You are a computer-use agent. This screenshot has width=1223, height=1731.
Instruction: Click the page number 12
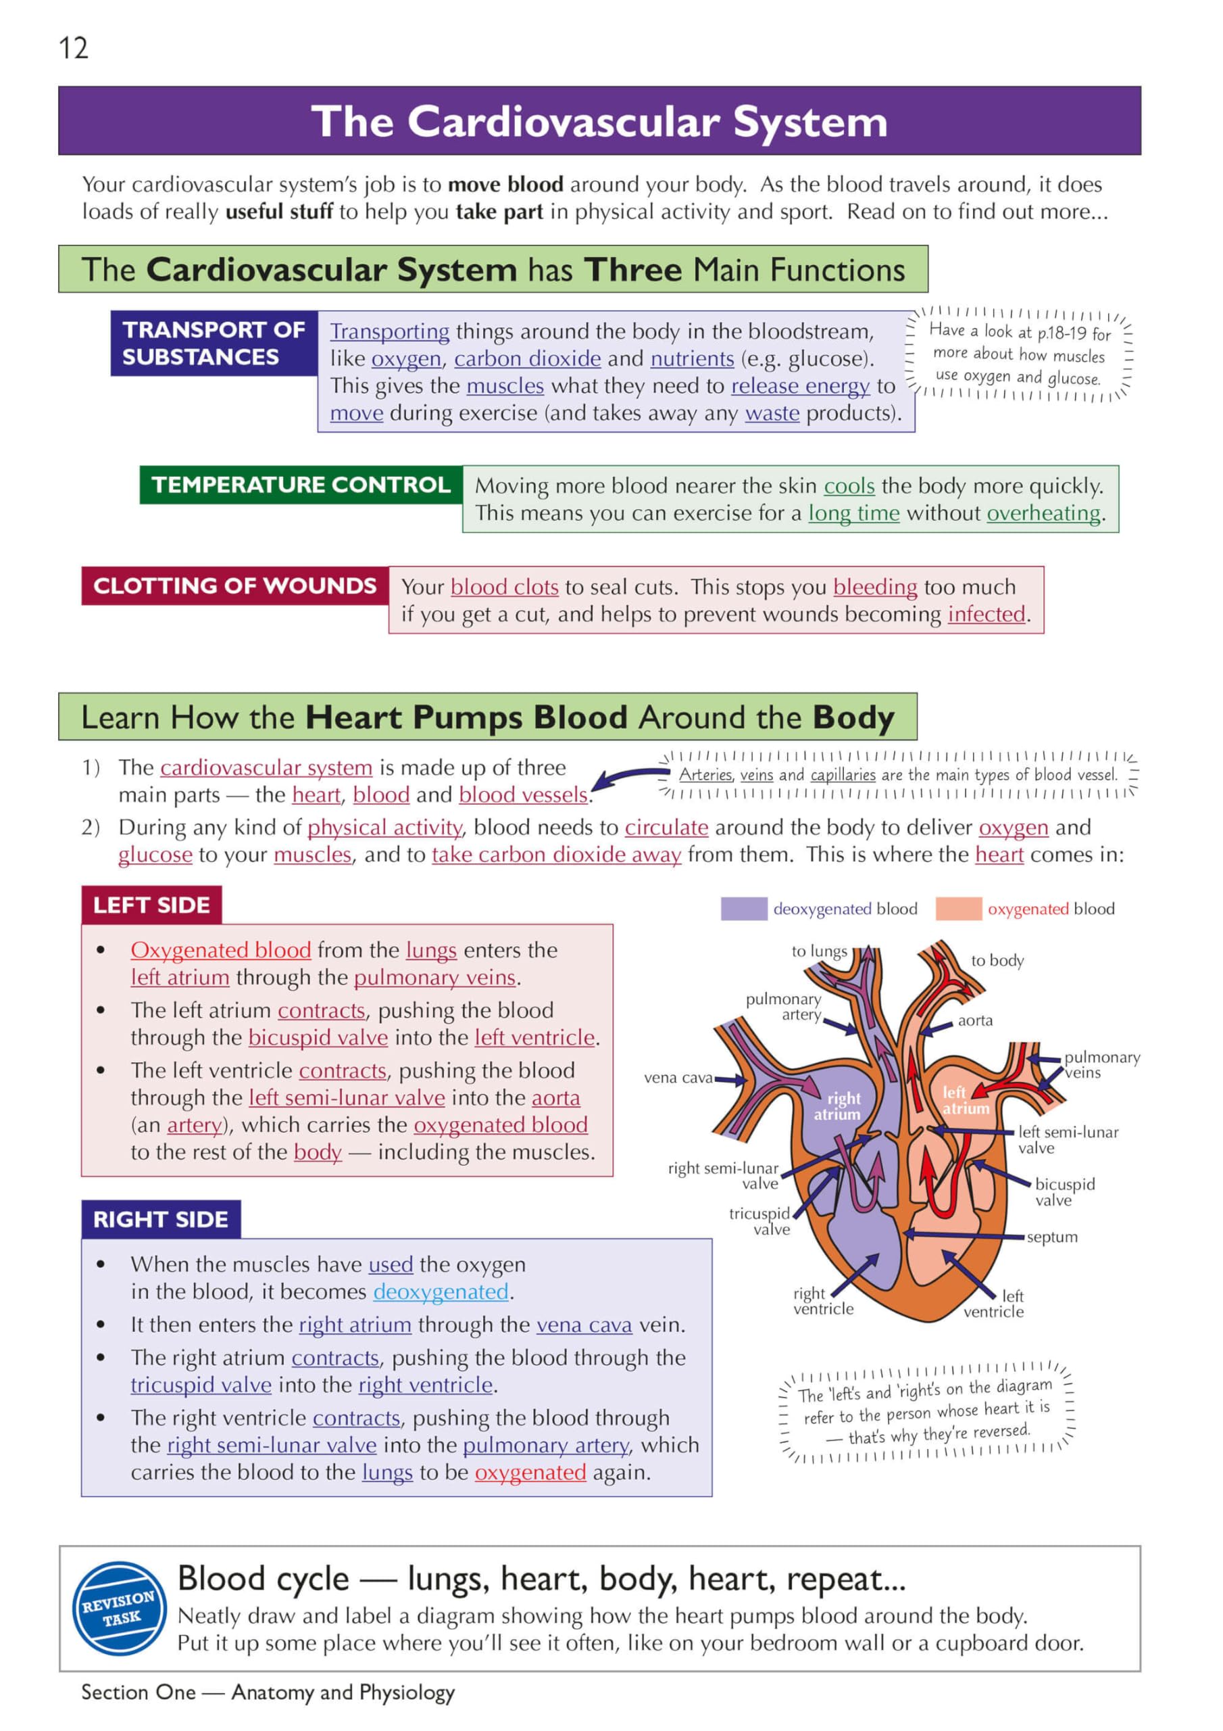click(73, 48)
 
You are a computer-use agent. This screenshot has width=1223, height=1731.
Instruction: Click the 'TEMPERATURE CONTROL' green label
click(301, 485)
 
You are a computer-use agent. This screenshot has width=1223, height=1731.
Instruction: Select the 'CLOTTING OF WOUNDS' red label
click(234, 586)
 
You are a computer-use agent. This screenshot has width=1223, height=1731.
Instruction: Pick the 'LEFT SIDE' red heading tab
click(151, 905)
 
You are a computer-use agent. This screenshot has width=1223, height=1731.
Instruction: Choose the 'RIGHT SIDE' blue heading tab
click(161, 1219)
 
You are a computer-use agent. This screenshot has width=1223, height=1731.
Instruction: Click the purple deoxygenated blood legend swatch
click(743, 909)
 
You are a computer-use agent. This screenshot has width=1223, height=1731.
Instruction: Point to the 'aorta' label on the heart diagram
click(975, 1020)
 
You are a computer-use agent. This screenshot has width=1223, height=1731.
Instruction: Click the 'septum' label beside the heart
click(1052, 1237)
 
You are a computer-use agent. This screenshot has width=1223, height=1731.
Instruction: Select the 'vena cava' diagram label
click(678, 1077)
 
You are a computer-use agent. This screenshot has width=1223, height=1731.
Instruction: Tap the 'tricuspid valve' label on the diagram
click(759, 1221)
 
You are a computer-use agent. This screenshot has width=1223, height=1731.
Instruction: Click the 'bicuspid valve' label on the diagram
click(1064, 1192)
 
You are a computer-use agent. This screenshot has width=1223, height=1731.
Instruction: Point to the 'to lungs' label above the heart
click(819, 951)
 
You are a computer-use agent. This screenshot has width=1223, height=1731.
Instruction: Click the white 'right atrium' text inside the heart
click(838, 1106)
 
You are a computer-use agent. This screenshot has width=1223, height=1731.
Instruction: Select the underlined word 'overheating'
click(1044, 513)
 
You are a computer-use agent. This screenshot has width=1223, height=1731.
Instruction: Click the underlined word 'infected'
click(987, 615)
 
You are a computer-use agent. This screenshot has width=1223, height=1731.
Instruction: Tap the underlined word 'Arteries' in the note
click(705, 774)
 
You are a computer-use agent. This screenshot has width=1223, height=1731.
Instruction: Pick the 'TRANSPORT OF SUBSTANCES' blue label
click(214, 343)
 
